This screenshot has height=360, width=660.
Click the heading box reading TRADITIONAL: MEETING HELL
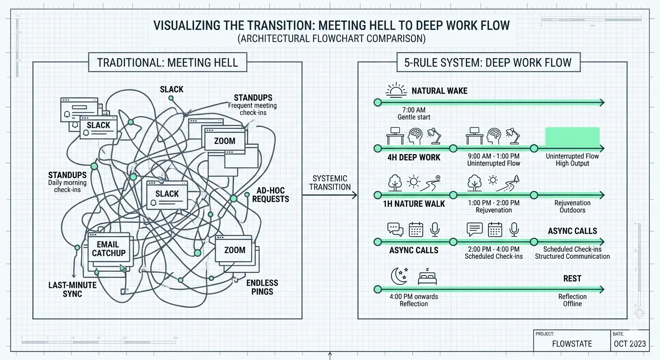[x=167, y=62]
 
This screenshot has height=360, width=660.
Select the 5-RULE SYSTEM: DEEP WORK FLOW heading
[x=487, y=62]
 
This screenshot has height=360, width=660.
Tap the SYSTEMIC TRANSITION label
[x=330, y=182]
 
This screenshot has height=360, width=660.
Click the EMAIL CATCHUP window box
[x=108, y=249]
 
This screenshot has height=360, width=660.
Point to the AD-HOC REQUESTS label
[x=270, y=195]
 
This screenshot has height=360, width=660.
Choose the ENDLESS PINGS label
[x=262, y=287]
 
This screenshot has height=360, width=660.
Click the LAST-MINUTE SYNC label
[x=72, y=289]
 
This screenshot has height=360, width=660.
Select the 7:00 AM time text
[x=414, y=110]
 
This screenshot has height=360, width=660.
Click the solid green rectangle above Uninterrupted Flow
[x=572, y=136]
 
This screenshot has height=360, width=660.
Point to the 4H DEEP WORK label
[x=414, y=157]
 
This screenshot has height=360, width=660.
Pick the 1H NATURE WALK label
[x=414, y=204]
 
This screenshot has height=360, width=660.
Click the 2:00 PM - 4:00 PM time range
[x=494, y=249]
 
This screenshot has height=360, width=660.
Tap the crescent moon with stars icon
[x=398, y=276]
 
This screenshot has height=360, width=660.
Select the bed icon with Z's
[x=427, y=277]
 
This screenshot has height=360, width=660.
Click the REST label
[x=572, y=278]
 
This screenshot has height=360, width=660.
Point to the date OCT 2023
[x=630, y=344]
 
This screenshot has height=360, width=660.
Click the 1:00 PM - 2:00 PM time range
[x=494, y=203]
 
